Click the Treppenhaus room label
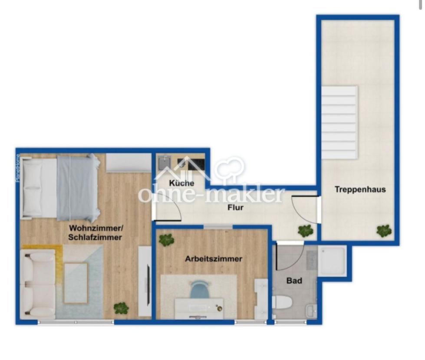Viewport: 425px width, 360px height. coord(360,189)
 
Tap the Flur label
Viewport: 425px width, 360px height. coord(235,207)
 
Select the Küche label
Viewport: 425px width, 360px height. coord(181,183)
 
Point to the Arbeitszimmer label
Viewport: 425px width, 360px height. coord(214,259)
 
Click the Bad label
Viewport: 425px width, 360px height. coord(294,281)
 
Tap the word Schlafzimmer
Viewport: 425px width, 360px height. coord(95,237)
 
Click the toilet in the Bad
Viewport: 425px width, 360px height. coord(281,302)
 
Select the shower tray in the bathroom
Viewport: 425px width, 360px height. coord(332,260)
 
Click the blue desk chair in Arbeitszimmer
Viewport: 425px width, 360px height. coord(200,289)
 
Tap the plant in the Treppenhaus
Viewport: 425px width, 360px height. coord(384,230)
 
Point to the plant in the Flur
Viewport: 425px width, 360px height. coord(306,230)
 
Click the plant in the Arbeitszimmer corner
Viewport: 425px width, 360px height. coord(166,239)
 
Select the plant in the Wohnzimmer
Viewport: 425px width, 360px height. coord(121,308)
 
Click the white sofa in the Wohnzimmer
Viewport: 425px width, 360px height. coord(38,284)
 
